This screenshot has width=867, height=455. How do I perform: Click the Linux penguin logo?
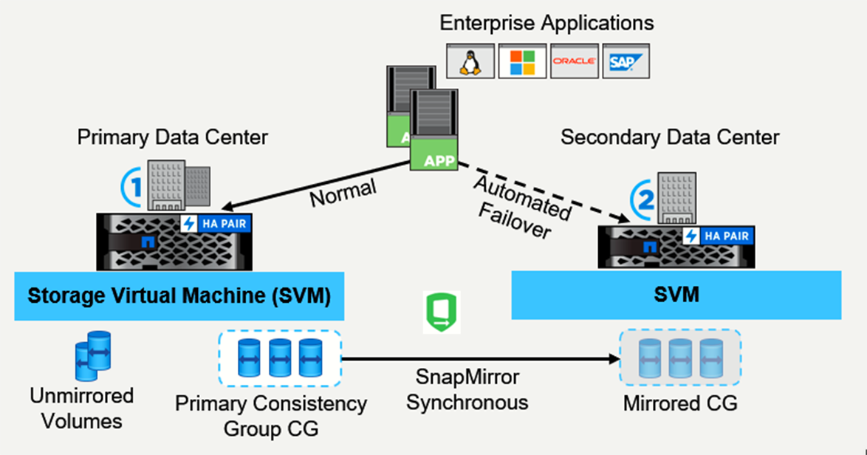(x=468, y=62)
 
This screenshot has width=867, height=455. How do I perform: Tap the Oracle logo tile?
(x=574, y=62)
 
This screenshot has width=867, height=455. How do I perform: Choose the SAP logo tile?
(x=626, y=62)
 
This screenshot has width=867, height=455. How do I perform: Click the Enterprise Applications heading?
(x=546, y=23)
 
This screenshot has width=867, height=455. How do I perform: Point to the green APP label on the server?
(x=434, y=160)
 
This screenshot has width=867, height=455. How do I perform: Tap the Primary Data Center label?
(x=173, y=137)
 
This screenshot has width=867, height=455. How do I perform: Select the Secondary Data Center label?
(x=670, y=137)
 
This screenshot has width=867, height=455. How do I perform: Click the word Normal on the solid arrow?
(x=343, y=194)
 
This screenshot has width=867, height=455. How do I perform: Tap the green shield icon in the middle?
(x=441, y=311)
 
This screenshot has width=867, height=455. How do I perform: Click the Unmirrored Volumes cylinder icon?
(x=92, y=355)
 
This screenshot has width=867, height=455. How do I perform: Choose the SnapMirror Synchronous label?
(x=467, y=390)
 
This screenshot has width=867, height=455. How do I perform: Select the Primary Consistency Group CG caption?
(x=271, y=415)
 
